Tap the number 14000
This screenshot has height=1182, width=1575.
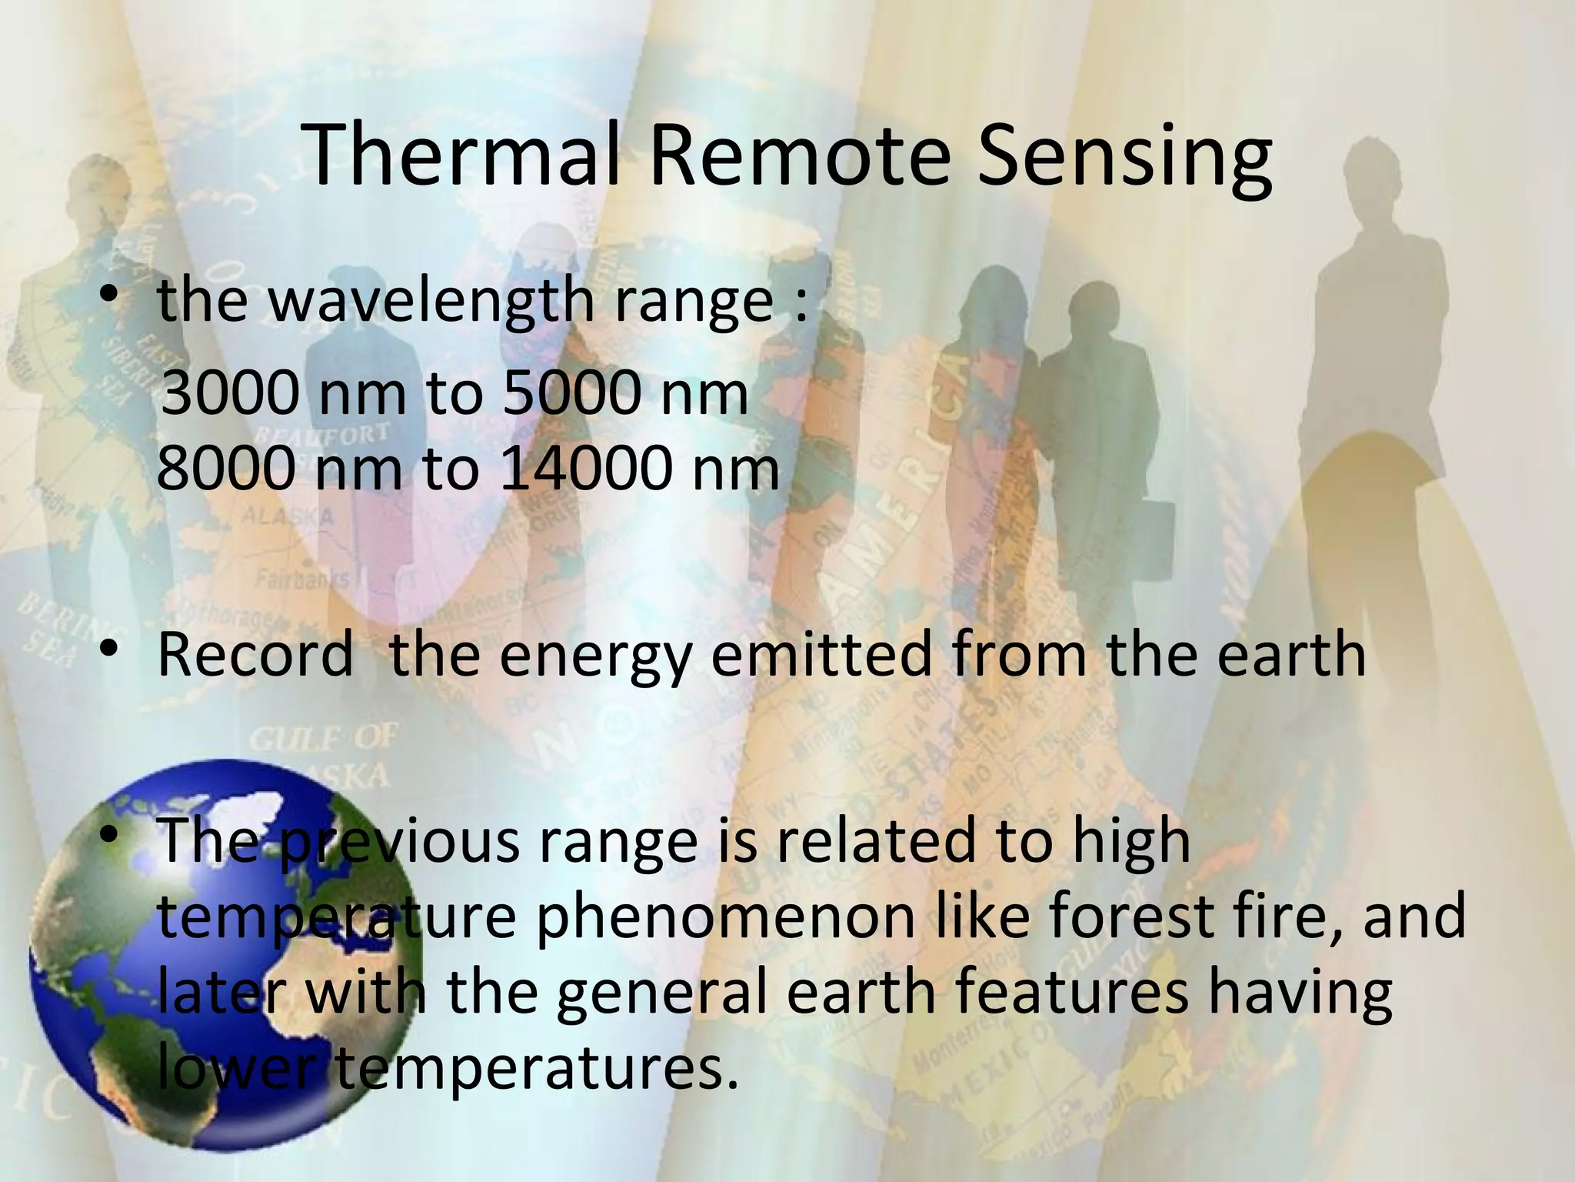(x=585, y=469)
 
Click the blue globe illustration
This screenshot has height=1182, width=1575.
(x=223, y=954)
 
